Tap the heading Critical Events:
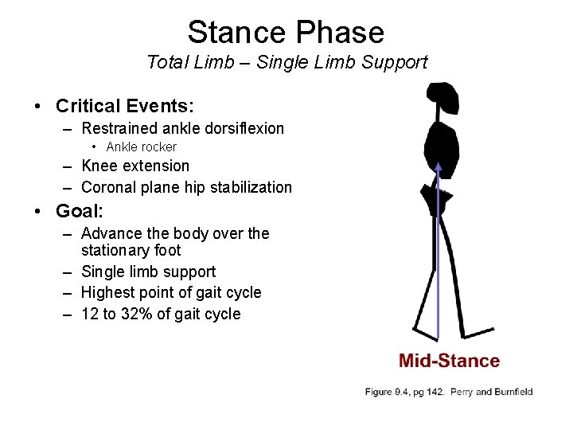click(x=125, y=105)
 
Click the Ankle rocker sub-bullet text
click(x=141, y=147)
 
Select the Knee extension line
click(x=135, y=166)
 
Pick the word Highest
click(x=108, y=292)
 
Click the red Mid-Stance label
click(x=449, y=361)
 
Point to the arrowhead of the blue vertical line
click(x=439, y=166)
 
